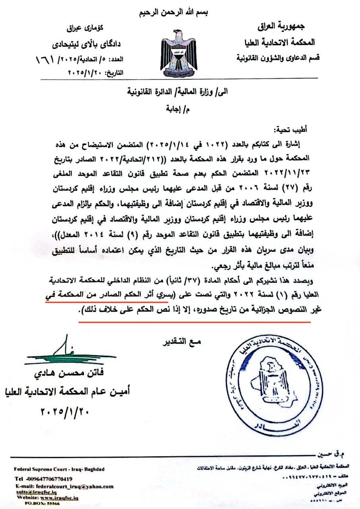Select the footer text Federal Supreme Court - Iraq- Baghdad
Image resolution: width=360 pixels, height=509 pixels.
(x=59, y=468)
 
